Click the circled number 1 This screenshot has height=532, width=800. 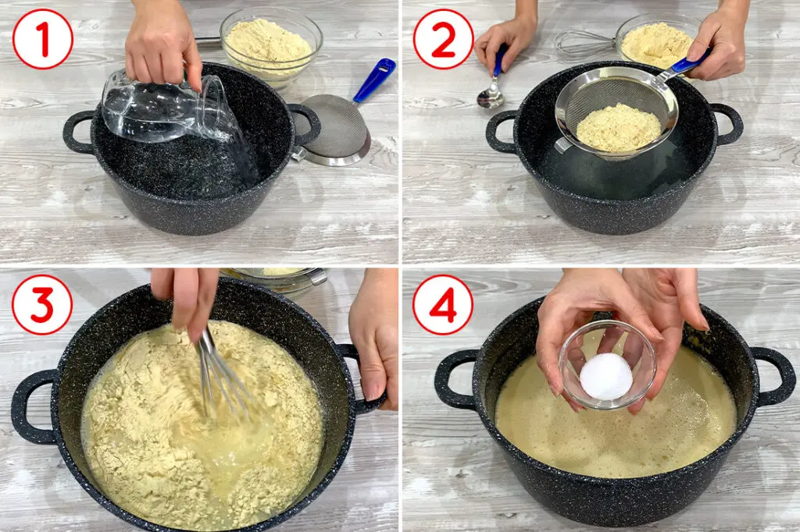(x=43, y=39)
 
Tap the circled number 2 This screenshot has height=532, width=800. (x=444, y=39)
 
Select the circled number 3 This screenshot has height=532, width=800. (x=42, y=305)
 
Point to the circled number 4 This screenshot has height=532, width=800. (x=443, y=305)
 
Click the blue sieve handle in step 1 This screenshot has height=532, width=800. (x=374, y=80)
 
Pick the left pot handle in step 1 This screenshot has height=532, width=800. (x=77, y=133)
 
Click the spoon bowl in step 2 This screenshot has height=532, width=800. (x=491, y=97)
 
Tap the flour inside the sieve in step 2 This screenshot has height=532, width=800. (x=619, y=128)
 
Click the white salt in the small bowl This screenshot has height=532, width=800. (x=605, y=377)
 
